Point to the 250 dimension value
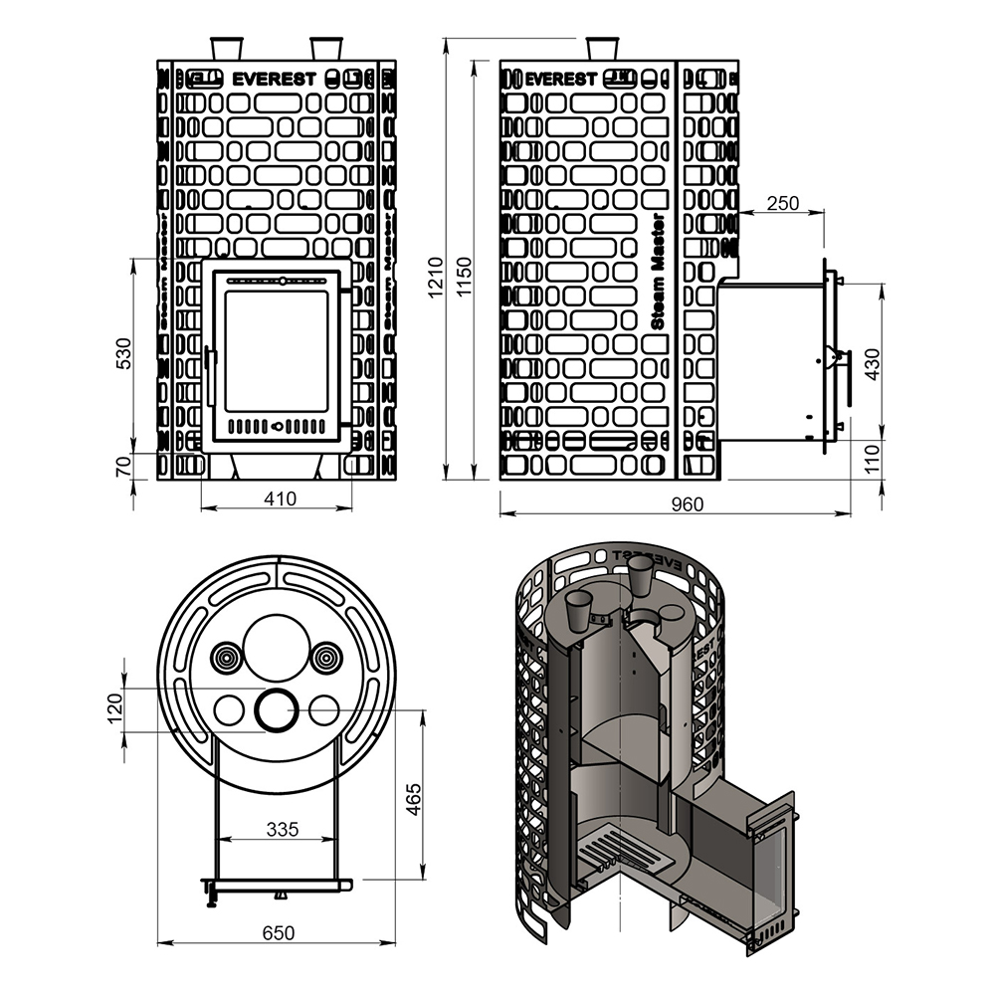[x=783, y=203]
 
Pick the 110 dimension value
[x=873, y=459]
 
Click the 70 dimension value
[x=123, y=466]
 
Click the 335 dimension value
[x=282, y=829]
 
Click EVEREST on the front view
[x=275, y=78]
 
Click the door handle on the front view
[x=210, y=376]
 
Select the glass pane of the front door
[x=277, y=350]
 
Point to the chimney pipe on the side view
[x=601, y=49]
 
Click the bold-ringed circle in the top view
[x=276, y=709]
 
